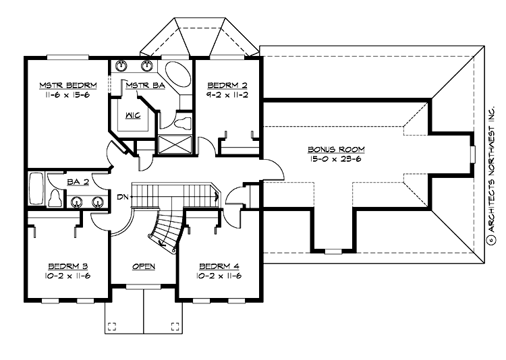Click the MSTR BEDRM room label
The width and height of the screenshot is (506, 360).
point(69,85)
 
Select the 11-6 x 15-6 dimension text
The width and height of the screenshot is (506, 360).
point(69,96)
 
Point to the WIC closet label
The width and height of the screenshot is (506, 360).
point(132,114)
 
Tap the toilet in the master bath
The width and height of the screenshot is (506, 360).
point(181,123)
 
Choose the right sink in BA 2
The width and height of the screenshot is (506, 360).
point(99,201)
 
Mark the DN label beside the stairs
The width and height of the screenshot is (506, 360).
point(122,197)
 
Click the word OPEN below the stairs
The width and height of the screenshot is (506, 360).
point(144,266)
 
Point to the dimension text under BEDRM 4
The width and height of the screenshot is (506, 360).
point(219,276)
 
